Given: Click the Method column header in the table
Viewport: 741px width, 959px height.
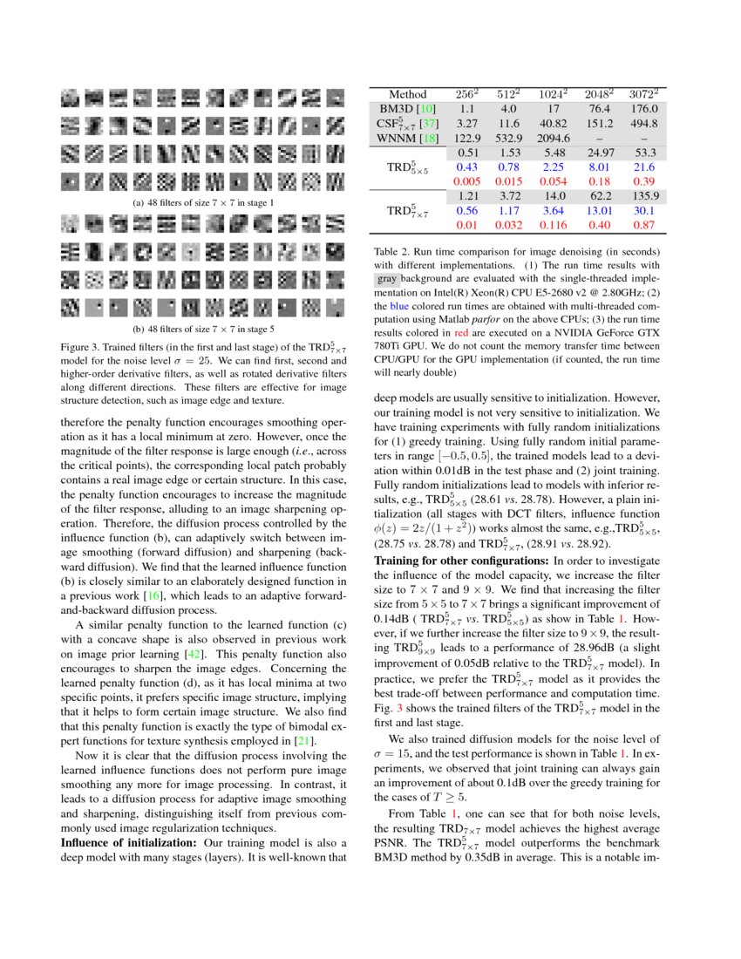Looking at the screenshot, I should (x=408, y=94).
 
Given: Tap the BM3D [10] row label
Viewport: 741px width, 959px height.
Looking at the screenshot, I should (x=408, y=109).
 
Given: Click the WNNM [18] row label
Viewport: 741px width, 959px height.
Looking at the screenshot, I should (x=408, y=137).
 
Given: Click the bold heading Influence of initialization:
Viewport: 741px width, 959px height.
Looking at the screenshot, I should (x=128, y=843).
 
